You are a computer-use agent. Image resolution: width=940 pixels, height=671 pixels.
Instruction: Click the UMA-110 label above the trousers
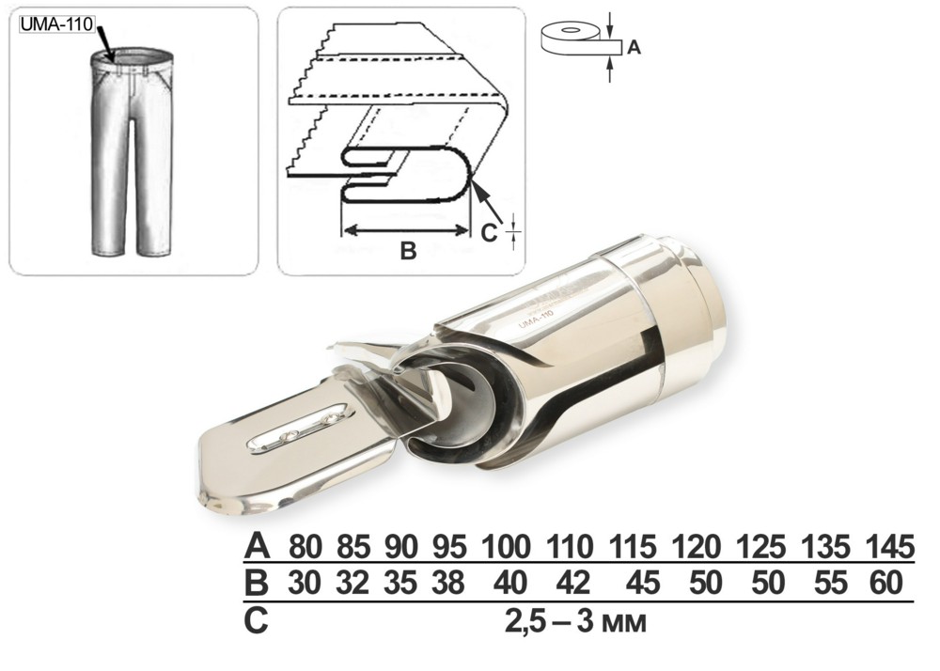coord(57,24)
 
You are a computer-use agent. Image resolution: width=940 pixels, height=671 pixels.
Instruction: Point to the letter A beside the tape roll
coord(634,47)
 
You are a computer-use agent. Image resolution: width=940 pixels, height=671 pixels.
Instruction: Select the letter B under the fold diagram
coord(408,250)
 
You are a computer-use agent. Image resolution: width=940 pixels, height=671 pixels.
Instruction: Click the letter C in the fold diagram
coord(489,232)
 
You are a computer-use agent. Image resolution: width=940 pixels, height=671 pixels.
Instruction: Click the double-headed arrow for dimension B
coord(404,229)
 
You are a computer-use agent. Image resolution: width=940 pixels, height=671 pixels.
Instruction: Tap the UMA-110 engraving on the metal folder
coord(535,321)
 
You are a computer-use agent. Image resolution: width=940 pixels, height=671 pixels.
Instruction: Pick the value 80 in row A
coord(305,547)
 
